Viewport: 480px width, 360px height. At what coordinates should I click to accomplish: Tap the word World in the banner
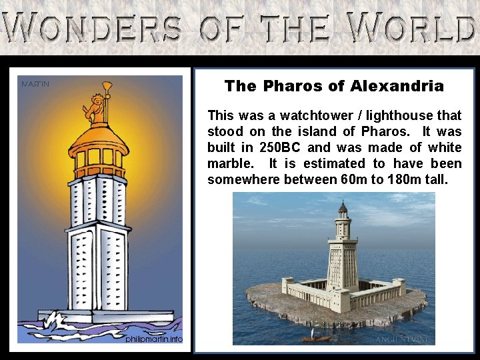pos(413,28)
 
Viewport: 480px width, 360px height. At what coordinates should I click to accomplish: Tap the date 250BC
pos(281,147)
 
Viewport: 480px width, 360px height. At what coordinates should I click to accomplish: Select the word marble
pos(229,163)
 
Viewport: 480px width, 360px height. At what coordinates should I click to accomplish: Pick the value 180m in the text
pos(411,179)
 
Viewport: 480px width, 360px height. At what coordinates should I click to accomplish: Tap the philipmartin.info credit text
pos(153,339)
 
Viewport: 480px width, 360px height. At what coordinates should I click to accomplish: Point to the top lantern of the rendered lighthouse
pos(342,211)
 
